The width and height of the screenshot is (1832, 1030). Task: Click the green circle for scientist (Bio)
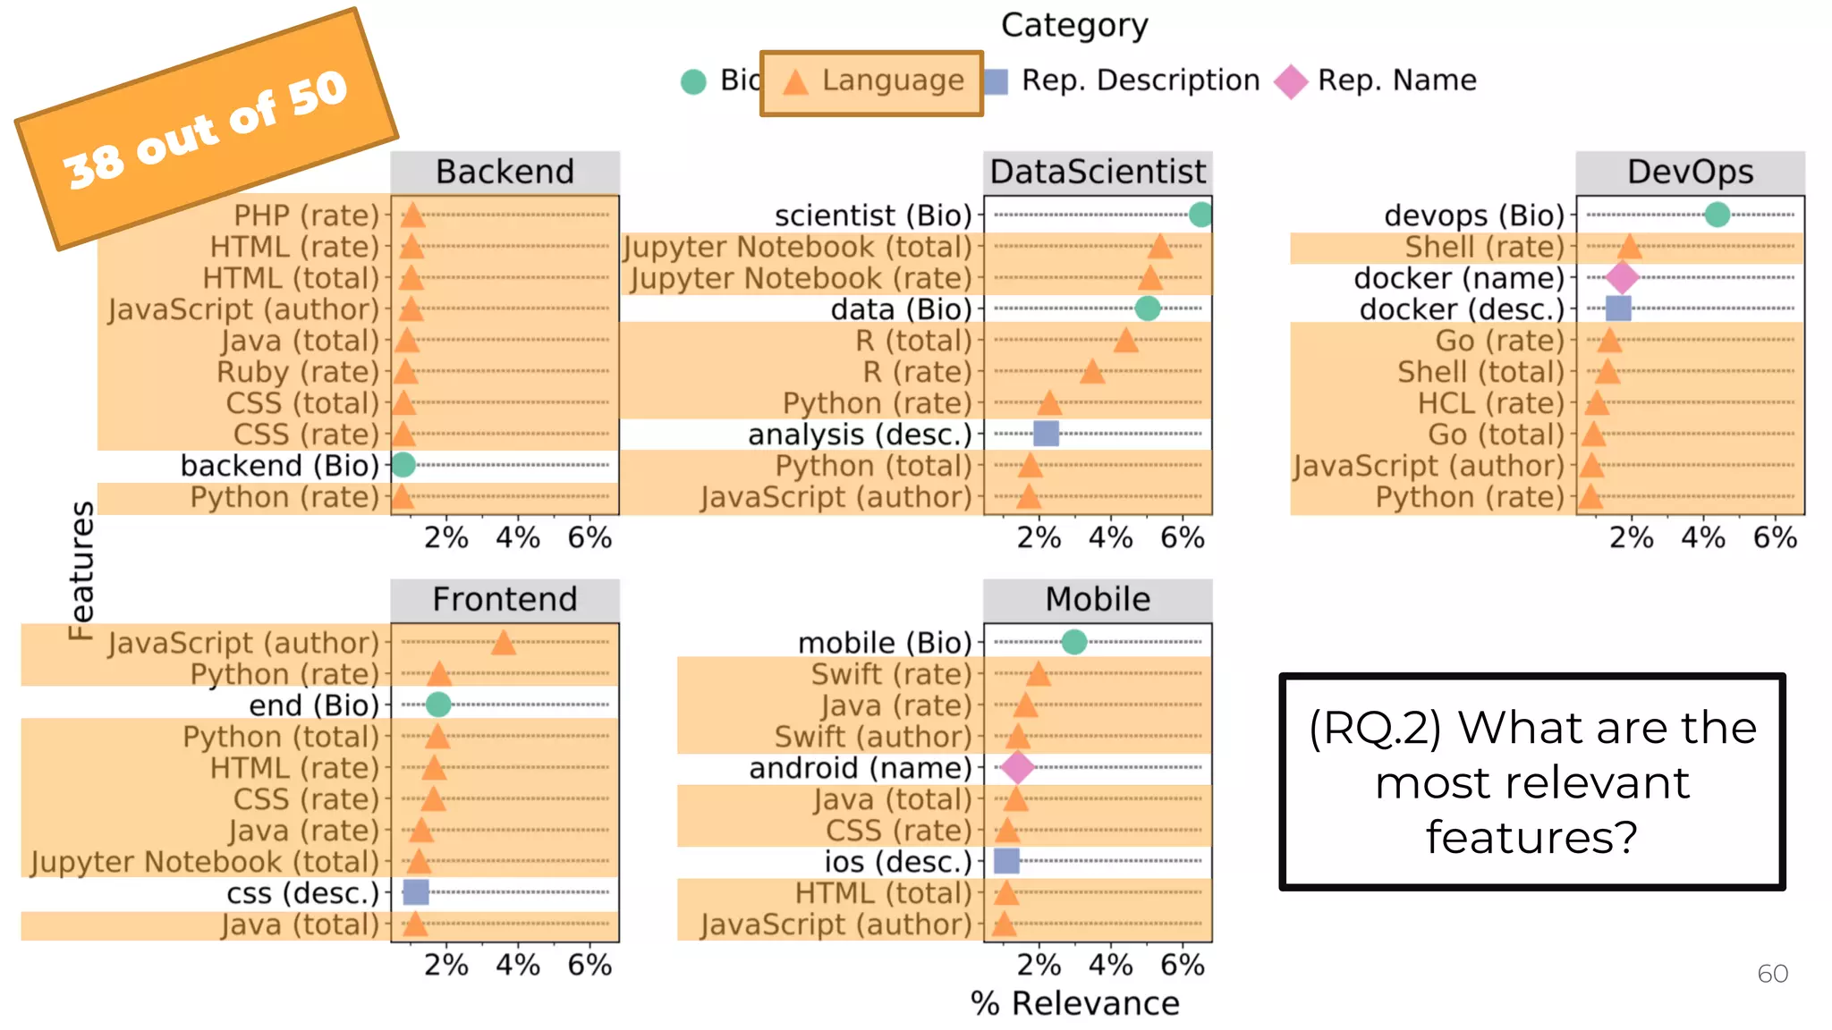pyautogui.click(x=1200, y=215)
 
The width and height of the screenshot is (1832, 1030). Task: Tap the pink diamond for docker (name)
pyautogui.click(x=1622, y=277)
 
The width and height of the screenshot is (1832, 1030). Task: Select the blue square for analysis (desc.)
pyautogui.click(x=1046, y=434)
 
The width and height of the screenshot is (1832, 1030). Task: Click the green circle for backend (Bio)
pyautogui.click(x=403, y=465)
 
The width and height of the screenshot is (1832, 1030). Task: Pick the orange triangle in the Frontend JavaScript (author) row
pyautogui.click(x=504, y=642)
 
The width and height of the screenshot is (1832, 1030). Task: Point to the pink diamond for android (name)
pyautogui.click(x=1017, y=767)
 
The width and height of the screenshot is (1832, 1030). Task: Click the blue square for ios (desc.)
pyautogui.click(x=1006, y=861)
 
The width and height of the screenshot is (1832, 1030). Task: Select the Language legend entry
pyautogui.click(x=871, y=82)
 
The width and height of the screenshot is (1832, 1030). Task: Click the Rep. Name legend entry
pyautogui.click(x=1377, y=80)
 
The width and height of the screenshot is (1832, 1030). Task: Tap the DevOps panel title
pyautogui.click(x=1690, y=172)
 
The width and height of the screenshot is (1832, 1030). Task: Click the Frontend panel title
pyautogui.click(x=505, y=599)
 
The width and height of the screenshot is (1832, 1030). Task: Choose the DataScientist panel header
pyautogui.click(x=1098, y=172)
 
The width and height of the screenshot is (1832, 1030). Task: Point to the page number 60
pyautogui.click(x=1772, y=974)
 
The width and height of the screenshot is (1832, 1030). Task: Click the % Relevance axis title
pyautogui.click(x=1074, y=1003)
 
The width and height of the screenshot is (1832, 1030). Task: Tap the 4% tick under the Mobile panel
pyautogui.click(x=1110, y=965)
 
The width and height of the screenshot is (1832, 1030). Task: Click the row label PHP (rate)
pyautogui.click(x=306, y=215)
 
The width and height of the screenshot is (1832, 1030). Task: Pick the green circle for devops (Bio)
pyautogui.click(x=1717, y=215)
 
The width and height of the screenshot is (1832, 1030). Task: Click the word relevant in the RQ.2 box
pyautogui.click(x=1531, y=783)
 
